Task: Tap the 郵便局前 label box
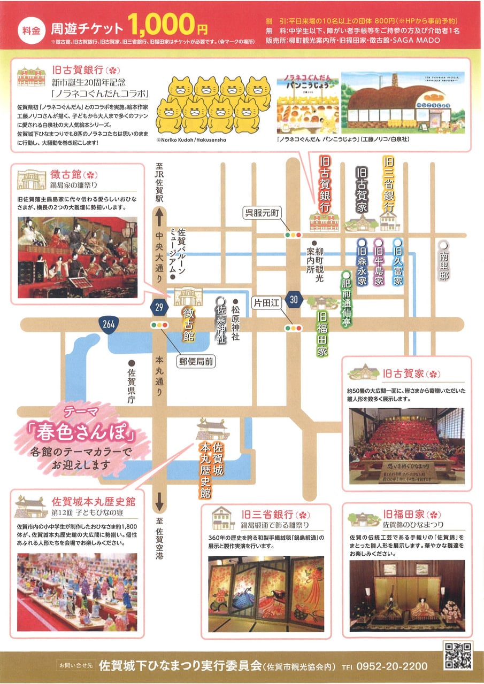click(196, 362)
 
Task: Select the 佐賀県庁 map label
click(131, 384)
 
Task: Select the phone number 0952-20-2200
click(394, 666)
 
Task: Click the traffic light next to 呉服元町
click(293, 234)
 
